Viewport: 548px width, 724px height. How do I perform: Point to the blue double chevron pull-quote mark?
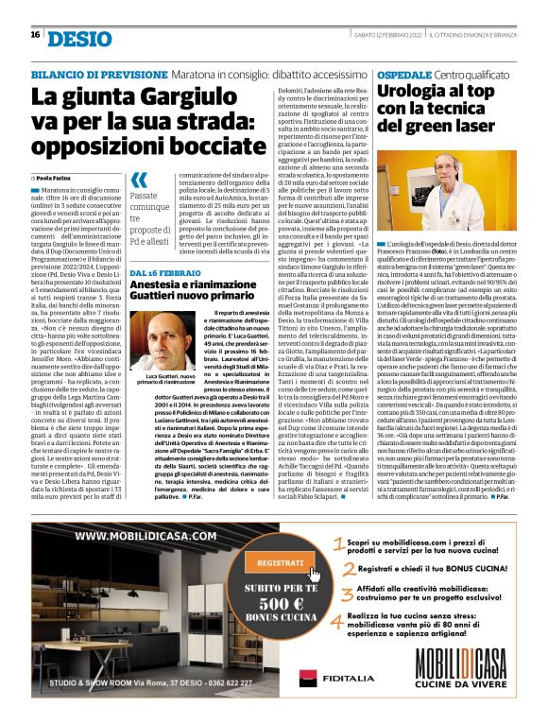point(139,181)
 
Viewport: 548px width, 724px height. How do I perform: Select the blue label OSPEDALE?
point(404,74)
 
